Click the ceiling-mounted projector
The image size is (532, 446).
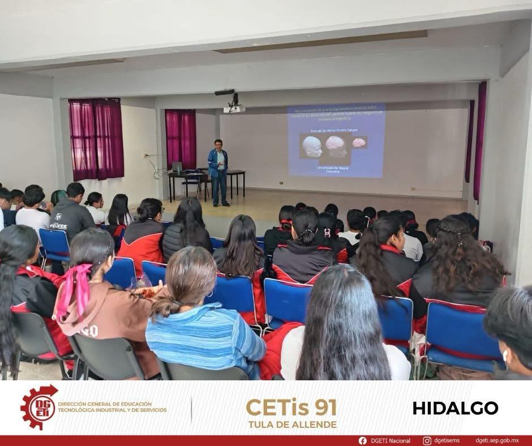pos(233,107)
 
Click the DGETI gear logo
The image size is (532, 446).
pos(38,407)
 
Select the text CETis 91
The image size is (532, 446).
pos(291,407)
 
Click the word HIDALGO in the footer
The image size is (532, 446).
pos(455,408)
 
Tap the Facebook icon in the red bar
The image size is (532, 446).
pos(362,440)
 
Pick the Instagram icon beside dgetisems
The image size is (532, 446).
pos(427,440)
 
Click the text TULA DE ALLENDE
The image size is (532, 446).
pos(292,424)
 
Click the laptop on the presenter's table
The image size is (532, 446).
pos(177,167)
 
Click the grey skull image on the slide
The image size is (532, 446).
pos(312,147)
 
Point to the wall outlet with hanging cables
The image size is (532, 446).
pos(147,156)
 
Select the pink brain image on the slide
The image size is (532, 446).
pos(359,142)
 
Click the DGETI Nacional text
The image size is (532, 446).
pos(391,440)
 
